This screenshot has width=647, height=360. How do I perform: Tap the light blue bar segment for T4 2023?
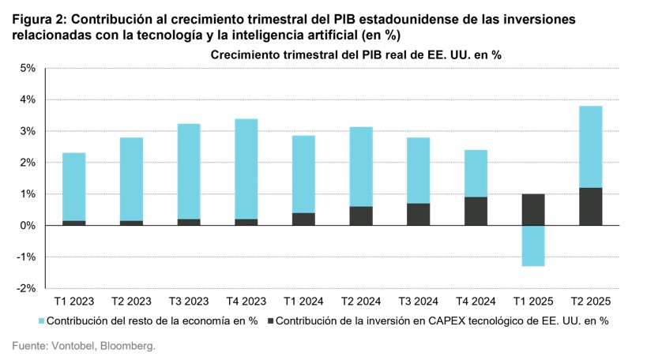pyautogui.click(x=246, y=169)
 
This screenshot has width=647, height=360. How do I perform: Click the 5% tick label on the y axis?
pyautogui.click(x=27, y=69)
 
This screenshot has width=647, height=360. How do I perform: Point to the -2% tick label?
pyautogui.click(x=25, y=289)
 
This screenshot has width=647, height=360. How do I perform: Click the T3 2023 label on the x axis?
pyautogui.click(x=189, y=302)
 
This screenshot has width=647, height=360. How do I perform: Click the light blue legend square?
pyautogui.click(x=40, y=321)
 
